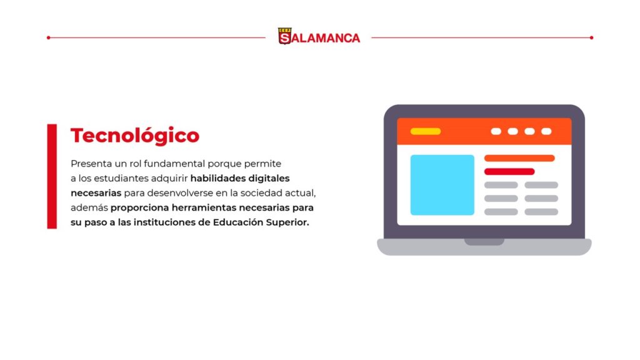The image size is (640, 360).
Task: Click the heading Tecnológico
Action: (135, 136)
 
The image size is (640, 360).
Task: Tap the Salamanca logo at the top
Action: (319, 37)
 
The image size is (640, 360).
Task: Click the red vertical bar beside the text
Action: (52, 176)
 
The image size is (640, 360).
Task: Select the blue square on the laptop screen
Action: (442, 185)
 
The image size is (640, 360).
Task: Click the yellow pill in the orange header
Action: (425, 131)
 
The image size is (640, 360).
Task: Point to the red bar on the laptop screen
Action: (509, 171)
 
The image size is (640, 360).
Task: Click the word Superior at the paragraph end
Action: (287, 222)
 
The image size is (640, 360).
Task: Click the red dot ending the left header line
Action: (49, 37)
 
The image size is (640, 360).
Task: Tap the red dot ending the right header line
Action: (591, 37)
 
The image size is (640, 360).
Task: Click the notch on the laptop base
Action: (484, 242)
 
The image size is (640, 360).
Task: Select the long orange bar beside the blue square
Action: (519, 158)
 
